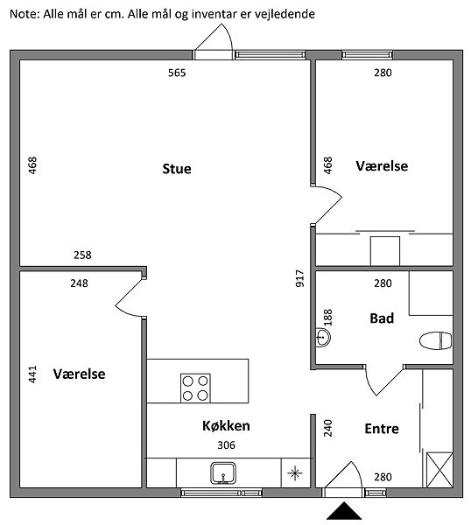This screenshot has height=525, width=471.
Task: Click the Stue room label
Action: pyautogui.click(x=177, y=169)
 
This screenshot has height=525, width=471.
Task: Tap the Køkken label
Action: pyautogui.click(x=226, y=425)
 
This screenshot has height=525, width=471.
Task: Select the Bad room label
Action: pyautogui.click(x=382, y=318)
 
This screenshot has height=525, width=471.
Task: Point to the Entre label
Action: pyautogui.click(x=382, y=429)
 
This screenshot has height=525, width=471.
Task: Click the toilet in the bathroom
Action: pyautogui.click(x=435, y=341)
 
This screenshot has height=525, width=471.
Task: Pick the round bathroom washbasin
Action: pyautogui.click(x=322, y=337)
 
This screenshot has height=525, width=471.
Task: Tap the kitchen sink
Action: pyautogui.click(x=223, y=473)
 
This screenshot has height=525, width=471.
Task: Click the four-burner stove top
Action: pyautogui.click(x=195, y=388)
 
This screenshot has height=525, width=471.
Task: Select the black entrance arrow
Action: pyautogui.click(x=344, y=511)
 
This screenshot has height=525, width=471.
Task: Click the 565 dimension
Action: pyautogui.click(x=177, y=73)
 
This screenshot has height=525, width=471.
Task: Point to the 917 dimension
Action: pyautogui.click(x=300, y=278)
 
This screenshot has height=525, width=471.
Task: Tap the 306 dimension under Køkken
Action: pyautogui.click(x=227, y=445)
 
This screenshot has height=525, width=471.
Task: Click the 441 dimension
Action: pyautogui.click(x=32, y=374)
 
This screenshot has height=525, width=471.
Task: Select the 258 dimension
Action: pyautogui.click(x=82, y=255)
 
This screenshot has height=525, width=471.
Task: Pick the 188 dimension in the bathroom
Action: pyautogui.click(x=328, y=318)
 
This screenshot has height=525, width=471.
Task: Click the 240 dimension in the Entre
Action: pyautogui.click(x=328, y=428)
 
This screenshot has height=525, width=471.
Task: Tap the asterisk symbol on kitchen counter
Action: pyautogui.click(x=295, y=473)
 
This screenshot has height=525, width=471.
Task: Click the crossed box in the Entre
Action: pyautogui.click(x=439, y=470)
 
